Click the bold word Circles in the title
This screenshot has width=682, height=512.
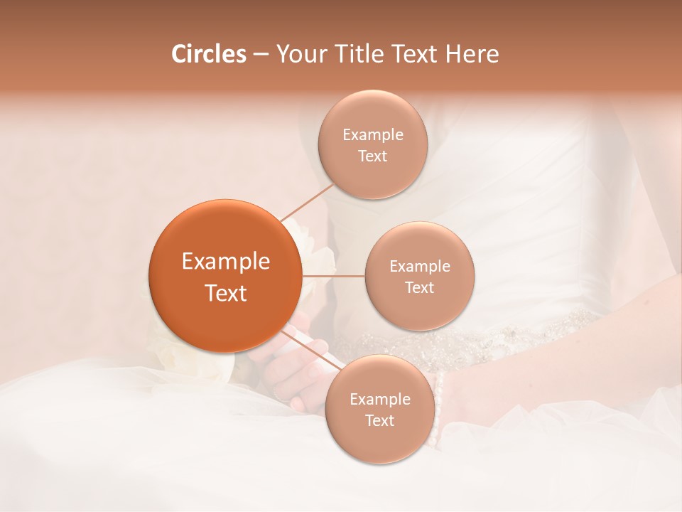pos(208,54)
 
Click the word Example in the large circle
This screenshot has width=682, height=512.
pos(225,262)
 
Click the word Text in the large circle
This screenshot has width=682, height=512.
pos(225,293)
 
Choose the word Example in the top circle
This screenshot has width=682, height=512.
pos(372,135)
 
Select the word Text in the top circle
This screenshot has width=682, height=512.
pos(372,156)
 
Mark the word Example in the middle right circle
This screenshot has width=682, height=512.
pos(419,267)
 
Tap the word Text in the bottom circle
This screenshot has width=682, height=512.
pos(379,421)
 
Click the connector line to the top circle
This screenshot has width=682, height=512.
pos(307,202)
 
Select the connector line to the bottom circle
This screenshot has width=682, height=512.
pos(313,348)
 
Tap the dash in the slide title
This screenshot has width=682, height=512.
pos(260,55)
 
